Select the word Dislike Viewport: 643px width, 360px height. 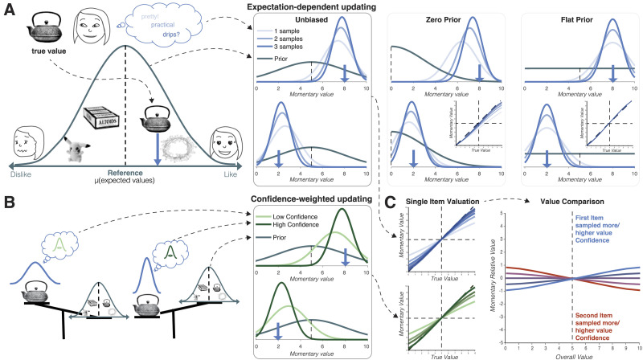[20, 171]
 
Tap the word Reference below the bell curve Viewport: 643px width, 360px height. [125, 171]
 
